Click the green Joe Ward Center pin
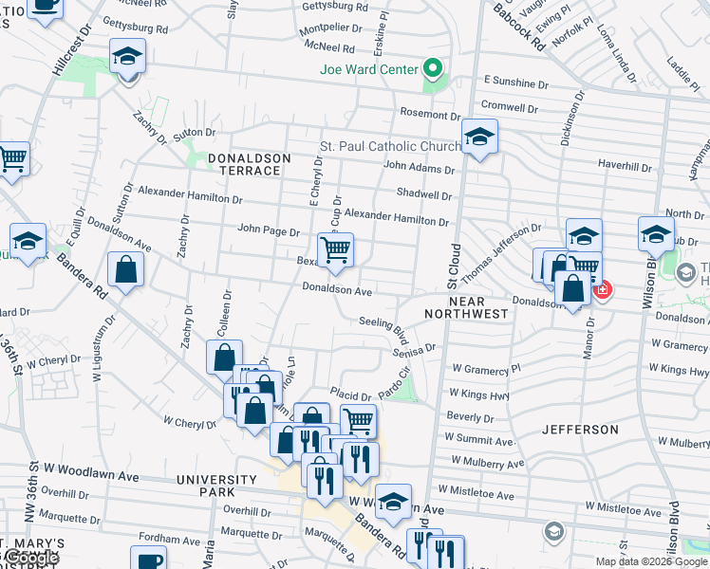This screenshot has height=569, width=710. (x=434, y=68)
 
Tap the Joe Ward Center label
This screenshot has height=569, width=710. (x=369, y=69)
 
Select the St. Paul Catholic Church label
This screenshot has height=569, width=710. (x=390, y=146)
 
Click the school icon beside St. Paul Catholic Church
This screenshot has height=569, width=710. (x=480, y=138)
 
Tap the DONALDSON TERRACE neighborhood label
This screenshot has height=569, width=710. (x=232, y=163)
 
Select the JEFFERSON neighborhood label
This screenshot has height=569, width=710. (x=580, y=430)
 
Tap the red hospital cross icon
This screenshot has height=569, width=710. (x=602, y=289)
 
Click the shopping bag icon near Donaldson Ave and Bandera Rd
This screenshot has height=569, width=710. (x=125, y=271)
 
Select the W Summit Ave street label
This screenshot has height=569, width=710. (x=482, y=439)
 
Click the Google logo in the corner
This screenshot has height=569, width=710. (x=30, y=559)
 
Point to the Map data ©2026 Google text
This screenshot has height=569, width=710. (x=651, y=561)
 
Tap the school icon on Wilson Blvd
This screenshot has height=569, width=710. (x=656, y=233)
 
